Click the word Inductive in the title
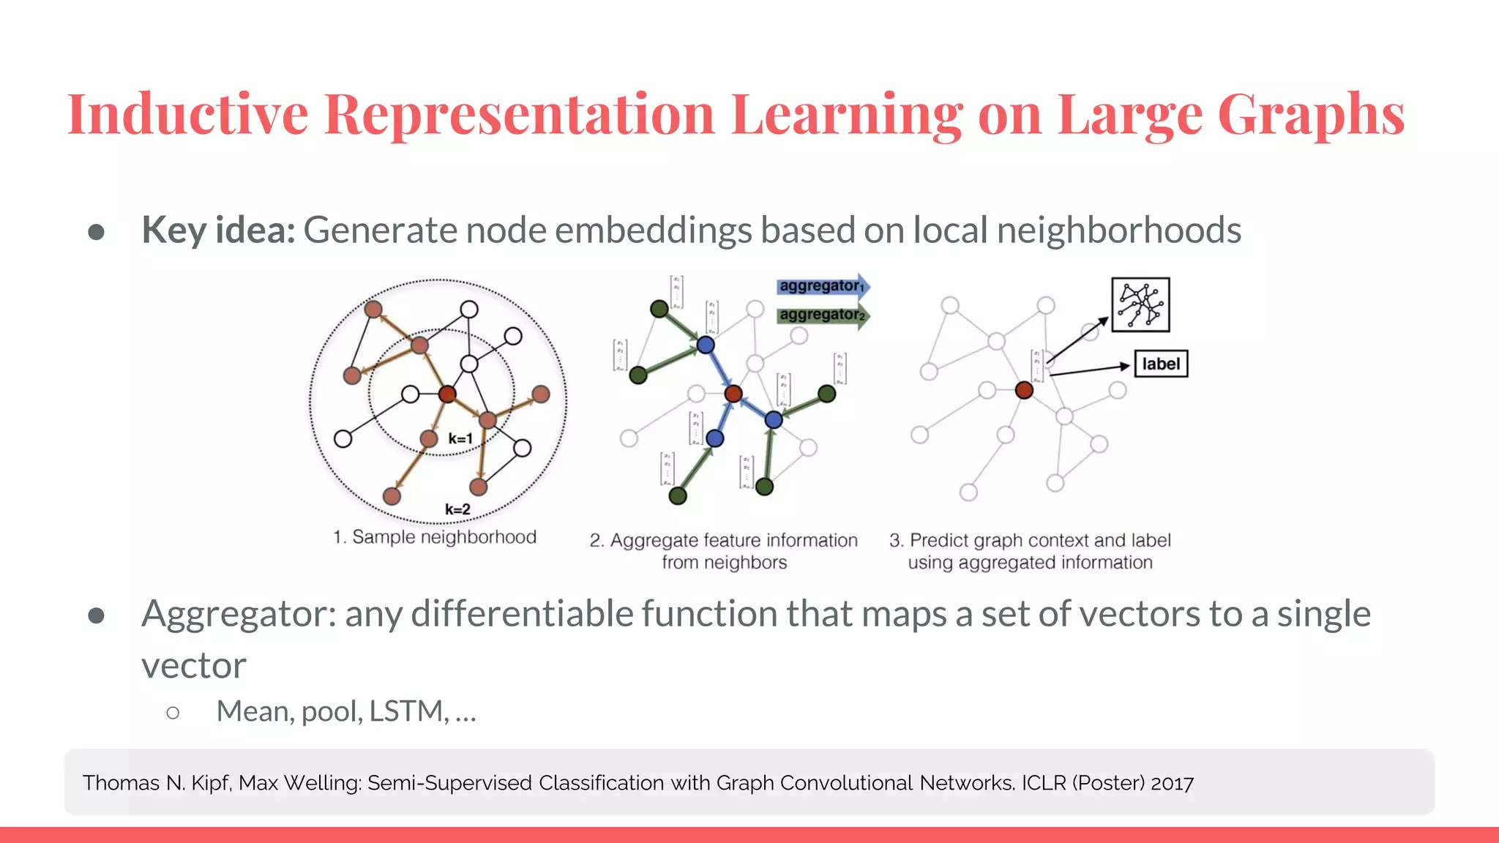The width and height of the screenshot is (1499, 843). click(x=187, y=114)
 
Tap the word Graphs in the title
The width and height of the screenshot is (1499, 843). click(x=1310, y=114)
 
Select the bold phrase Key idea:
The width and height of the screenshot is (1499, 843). click(x=218, y=231)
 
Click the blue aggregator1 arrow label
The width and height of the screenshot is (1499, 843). click(x=821, y=286)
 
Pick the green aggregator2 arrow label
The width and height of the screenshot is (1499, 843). click(x=821, y=315)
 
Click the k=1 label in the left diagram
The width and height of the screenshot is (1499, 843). click(x=460, y=439)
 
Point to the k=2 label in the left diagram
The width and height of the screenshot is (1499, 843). click(x=457, y=509)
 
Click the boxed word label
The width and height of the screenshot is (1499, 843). click(x=1161, y=364)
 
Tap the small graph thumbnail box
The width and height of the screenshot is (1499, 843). click(x=1140, y=305)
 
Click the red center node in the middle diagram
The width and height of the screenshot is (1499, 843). click(x=733, y=394)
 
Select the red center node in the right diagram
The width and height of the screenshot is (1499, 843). click(x=1024, y=390)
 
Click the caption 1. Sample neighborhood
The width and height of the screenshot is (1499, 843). click(x=434, y=537)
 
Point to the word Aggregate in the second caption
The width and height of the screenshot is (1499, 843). click(x=654, y=541)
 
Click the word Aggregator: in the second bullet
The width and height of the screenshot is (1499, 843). click(x=239, y=615)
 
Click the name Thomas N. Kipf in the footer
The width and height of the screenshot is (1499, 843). click(x=157, y=783)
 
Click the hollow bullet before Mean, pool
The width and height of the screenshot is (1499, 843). click(x=173, y=713)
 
